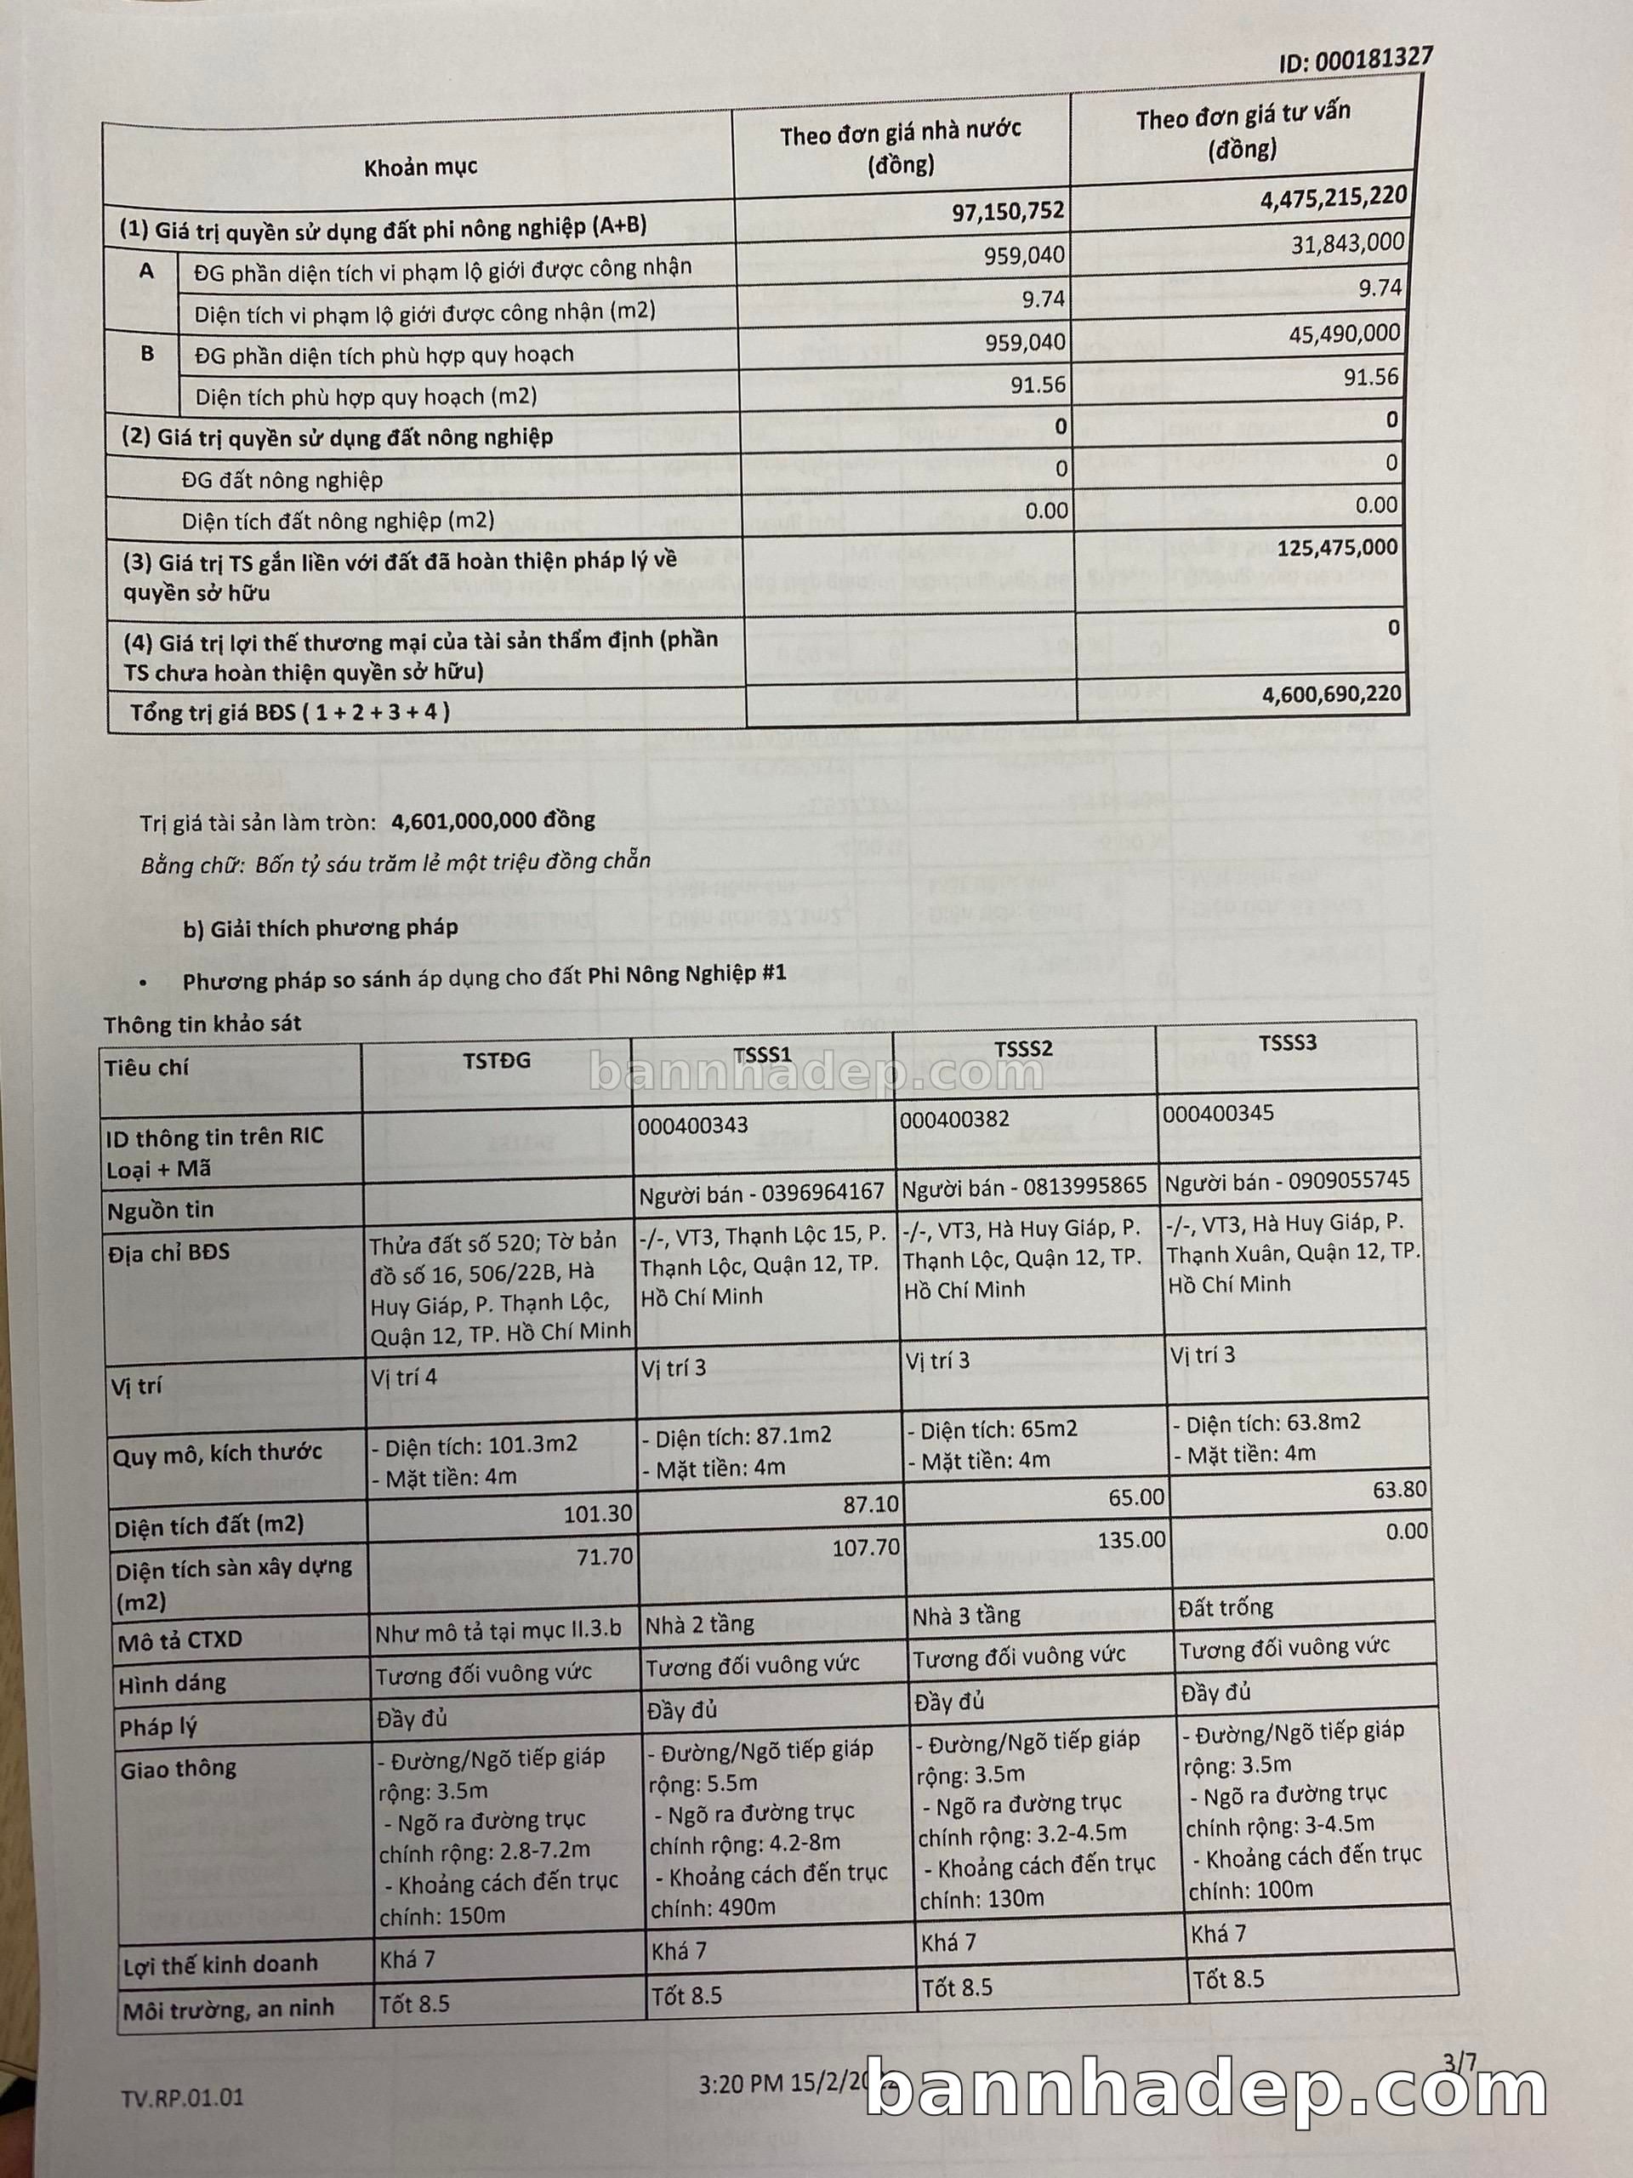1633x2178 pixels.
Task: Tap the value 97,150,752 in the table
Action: click(x=1007, y=211)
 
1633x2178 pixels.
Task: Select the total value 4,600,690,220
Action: click(x=1331, y=694)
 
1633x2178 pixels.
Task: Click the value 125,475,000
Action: click(x=1337, y=547)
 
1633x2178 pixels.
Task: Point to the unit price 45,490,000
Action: click(x=1344, y=334)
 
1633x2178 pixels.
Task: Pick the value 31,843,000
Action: click(x=1346, y=243)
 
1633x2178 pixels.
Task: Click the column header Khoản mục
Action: click(x=420, y=167)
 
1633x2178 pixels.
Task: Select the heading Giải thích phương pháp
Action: click(x=320, y=927)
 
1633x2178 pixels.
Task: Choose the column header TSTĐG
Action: click(x=496, y=1059)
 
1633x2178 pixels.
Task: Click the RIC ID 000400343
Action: click(x=692, y=1125)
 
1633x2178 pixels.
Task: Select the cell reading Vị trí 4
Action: click(x=404, y=1376)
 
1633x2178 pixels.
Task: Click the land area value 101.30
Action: click(x=597, y=1514)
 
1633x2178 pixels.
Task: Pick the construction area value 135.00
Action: click(x=1131, y=1539)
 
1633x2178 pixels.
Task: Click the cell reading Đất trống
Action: click(x=1225, y=1608)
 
